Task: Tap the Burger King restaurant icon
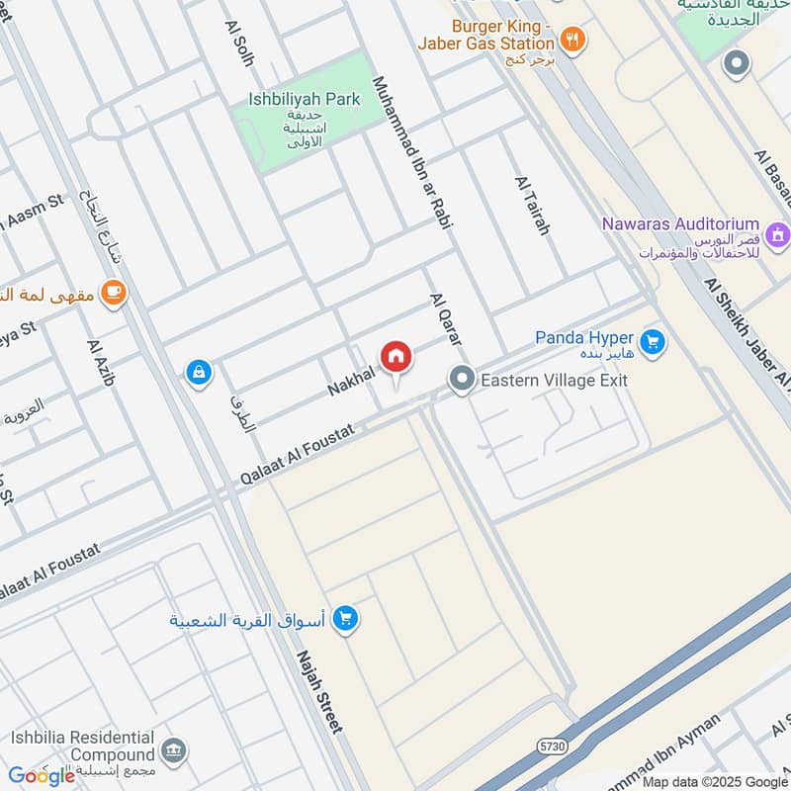coord(572,41)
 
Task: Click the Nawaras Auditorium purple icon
coord(778,235)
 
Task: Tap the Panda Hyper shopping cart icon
coord(652,343)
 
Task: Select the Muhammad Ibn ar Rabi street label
coord(411,153)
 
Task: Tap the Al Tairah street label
coord(531,205)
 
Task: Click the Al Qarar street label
coord(445,318)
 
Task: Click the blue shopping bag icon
coord(199,373)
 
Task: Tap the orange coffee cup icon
coord(115,293)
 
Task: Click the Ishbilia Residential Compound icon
coord(174,749)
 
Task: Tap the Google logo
coord(43,775)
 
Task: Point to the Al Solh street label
coord(239,44)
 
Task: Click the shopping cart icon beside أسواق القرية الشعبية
coord(345,620)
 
